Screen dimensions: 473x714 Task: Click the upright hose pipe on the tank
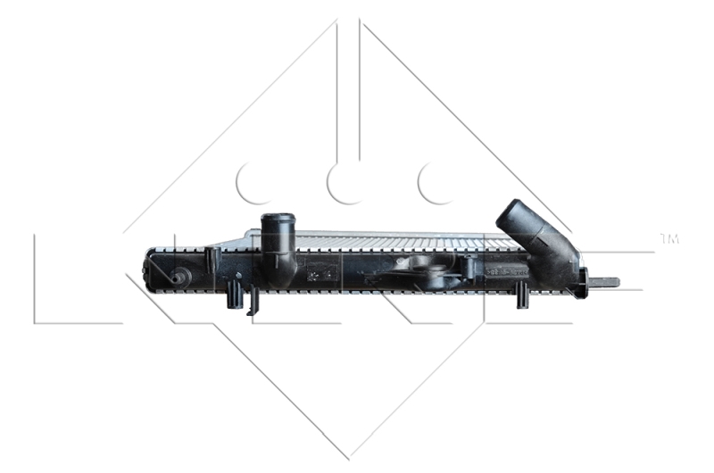coord(279,245)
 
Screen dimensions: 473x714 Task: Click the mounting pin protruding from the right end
coord(605,283)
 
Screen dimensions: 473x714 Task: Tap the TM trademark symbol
coord(668,238)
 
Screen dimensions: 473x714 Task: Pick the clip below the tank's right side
coord(522,295)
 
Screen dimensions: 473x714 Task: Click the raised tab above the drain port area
coord(212,258)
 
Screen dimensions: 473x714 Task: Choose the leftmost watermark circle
coord(253,184)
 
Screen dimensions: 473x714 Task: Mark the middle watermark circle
coord(345,184)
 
